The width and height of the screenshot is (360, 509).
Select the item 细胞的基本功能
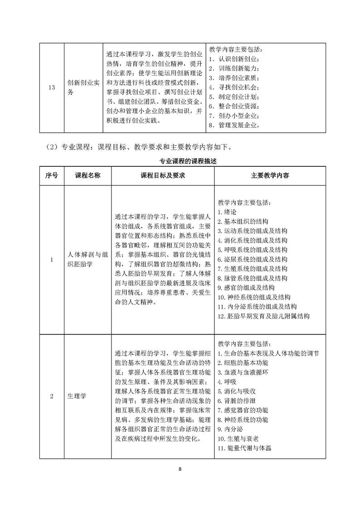(243, 363)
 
